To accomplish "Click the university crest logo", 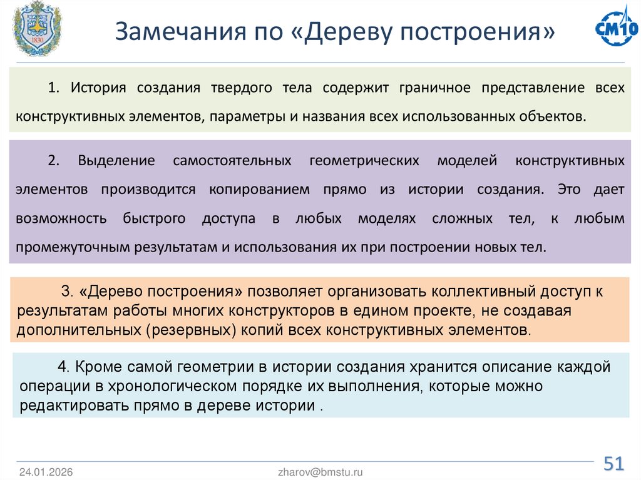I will coord(33,29).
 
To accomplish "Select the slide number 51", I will coord(613,464).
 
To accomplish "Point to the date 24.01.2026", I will coord(46,472).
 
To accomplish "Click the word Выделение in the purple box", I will coord(116,161).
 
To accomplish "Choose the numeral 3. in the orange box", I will coord(68,292).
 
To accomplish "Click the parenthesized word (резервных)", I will coord(192,329).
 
